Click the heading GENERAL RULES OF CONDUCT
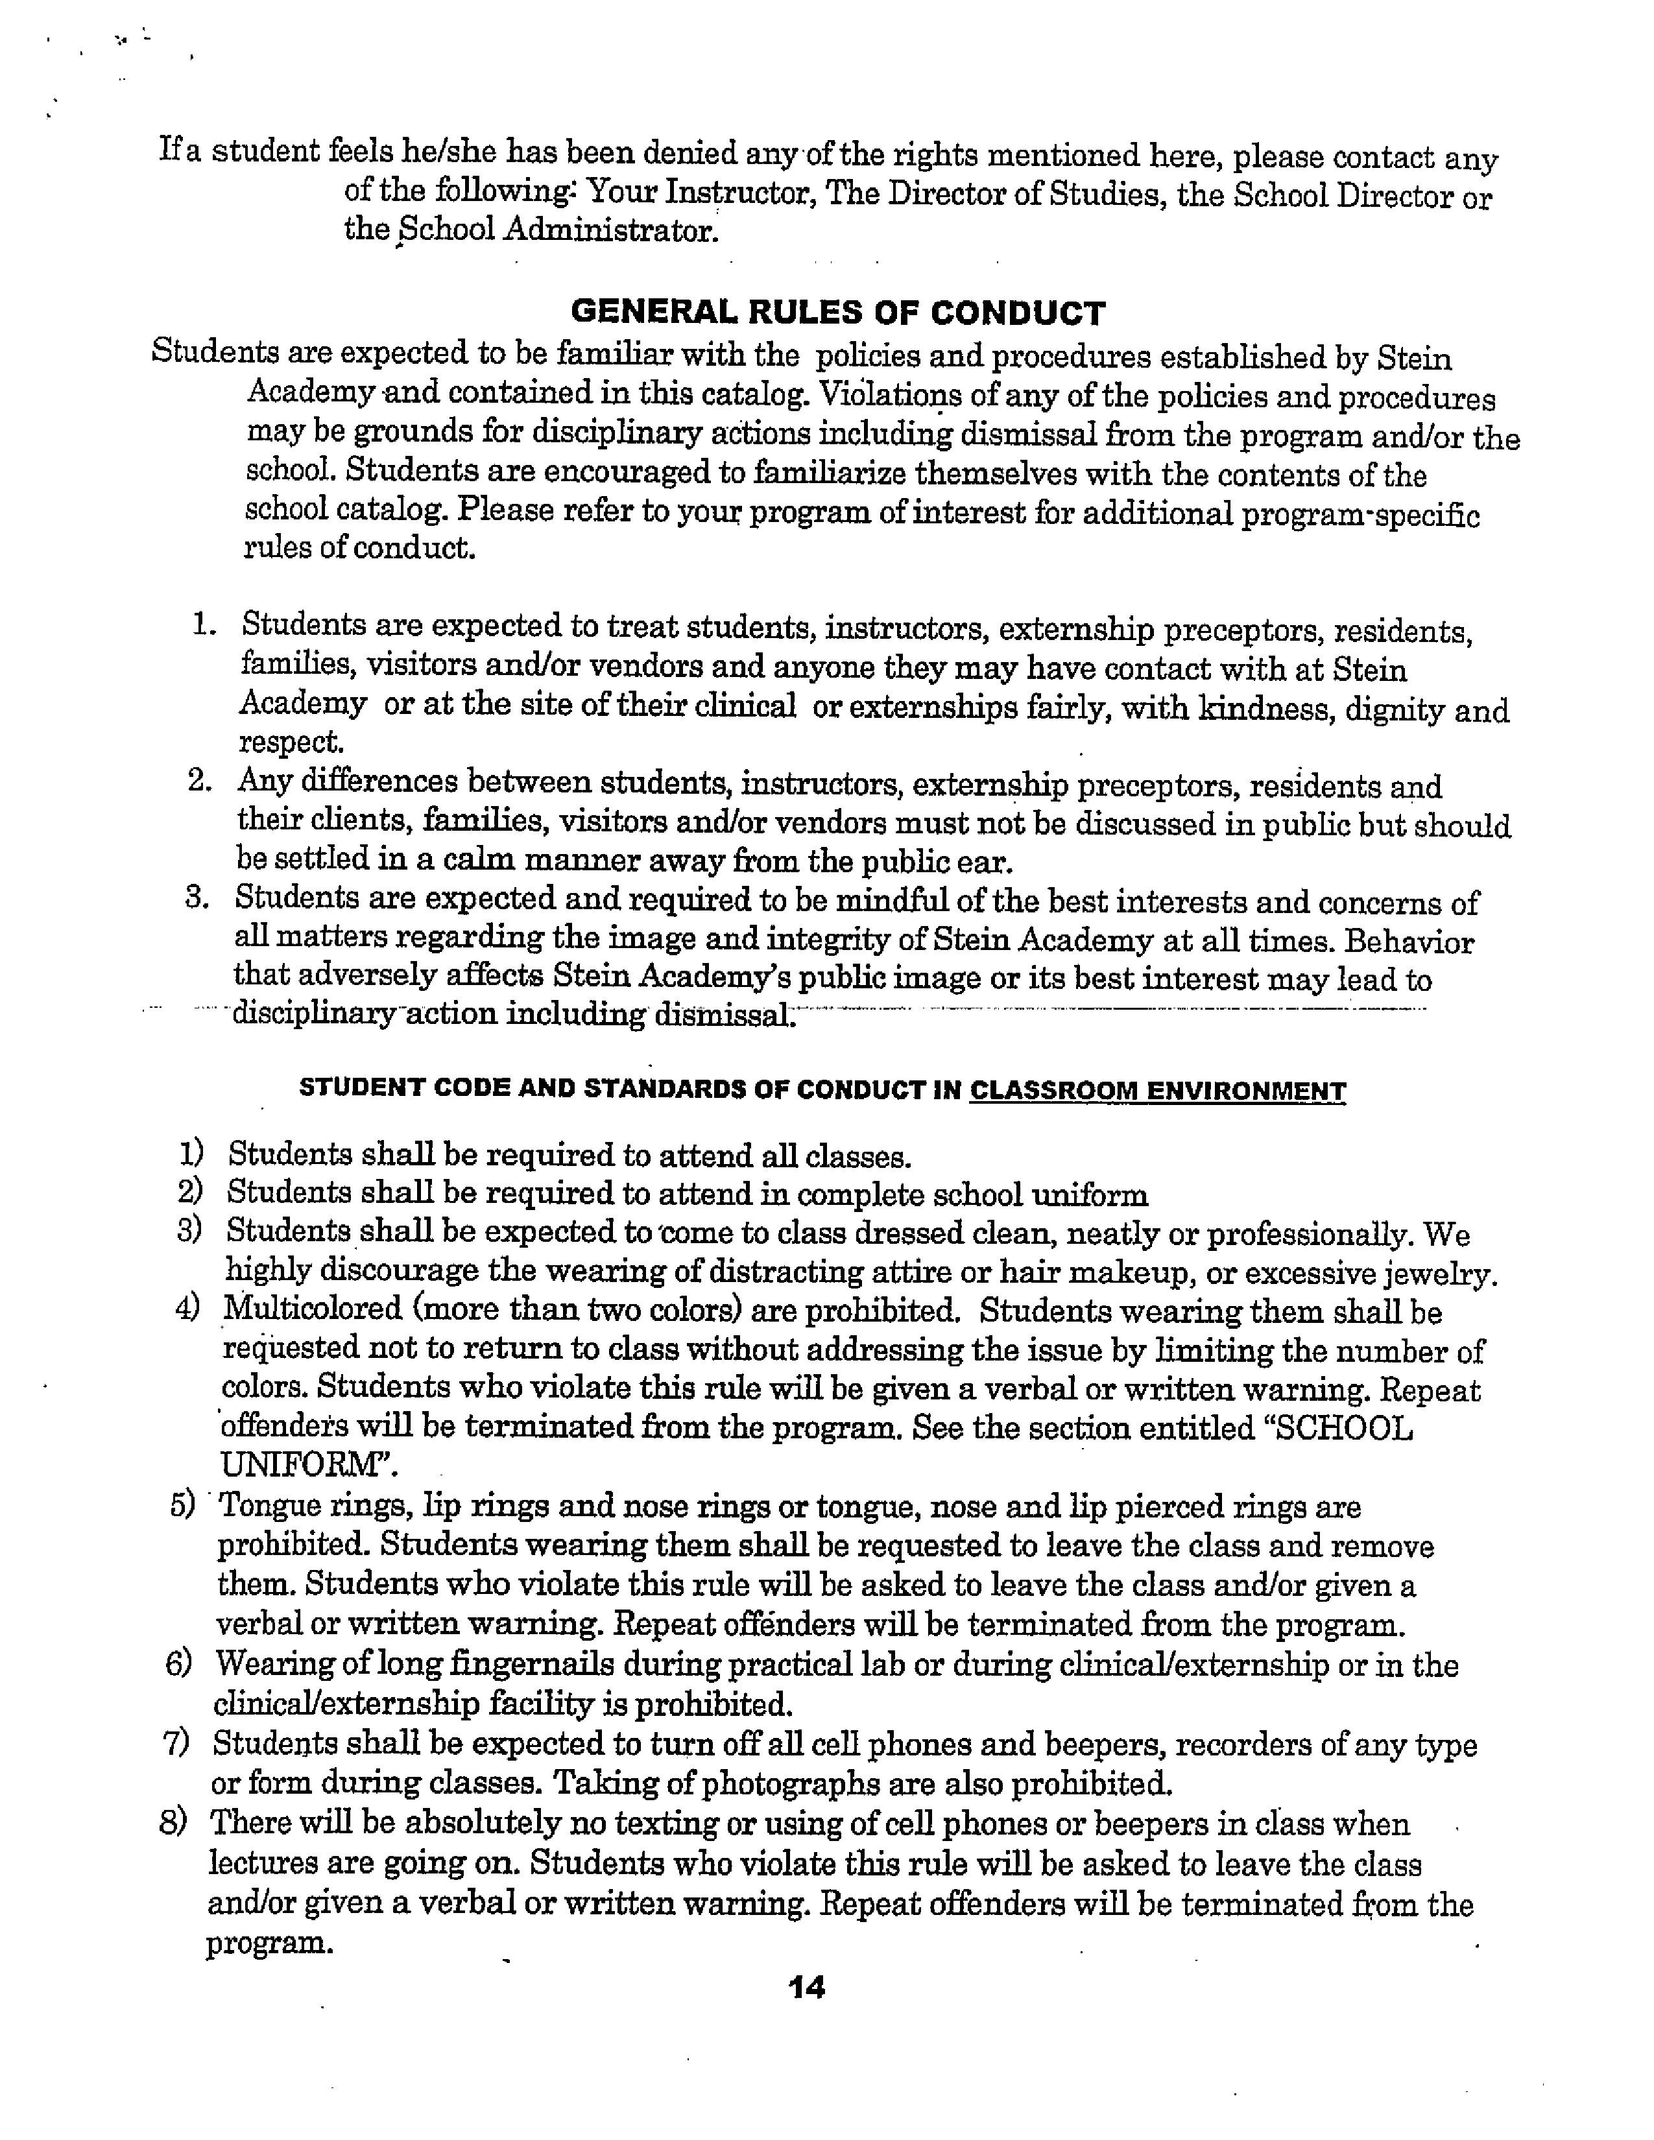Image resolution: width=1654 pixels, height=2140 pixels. point(838,313)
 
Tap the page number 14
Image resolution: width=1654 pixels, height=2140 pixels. point(806,1987)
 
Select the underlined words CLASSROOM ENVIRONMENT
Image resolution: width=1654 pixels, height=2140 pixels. point(1157,1091)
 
